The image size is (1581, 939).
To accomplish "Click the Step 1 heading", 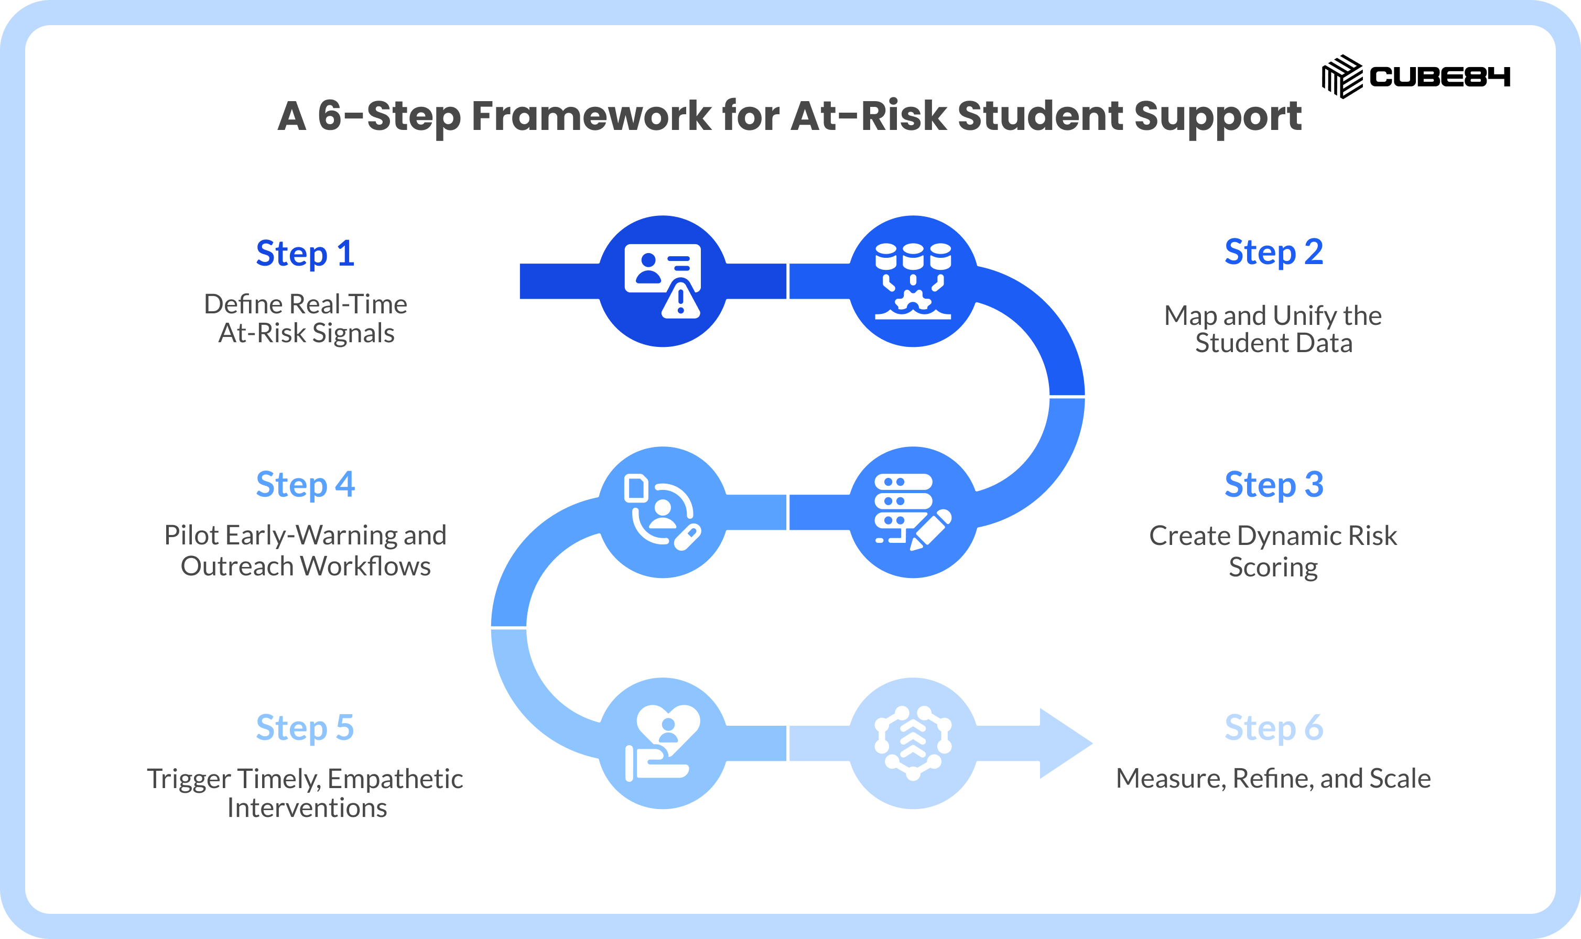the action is point(305,254).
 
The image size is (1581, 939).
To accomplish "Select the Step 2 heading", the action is point(1273,253).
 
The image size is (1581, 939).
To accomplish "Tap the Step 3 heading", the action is point(1273,485).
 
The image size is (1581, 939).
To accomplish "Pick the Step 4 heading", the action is point(305,485).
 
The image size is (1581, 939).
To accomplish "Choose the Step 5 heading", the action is point(305,728).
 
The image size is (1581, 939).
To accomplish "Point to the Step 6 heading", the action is point(1273,728).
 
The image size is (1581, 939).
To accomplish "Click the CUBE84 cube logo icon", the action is point(1342,77).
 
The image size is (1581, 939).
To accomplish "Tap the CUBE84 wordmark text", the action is point(1440,77).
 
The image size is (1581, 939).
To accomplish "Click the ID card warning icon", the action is point(663,281).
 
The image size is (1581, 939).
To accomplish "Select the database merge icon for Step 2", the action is point(913,281).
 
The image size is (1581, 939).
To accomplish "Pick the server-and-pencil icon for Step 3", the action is point(913,512).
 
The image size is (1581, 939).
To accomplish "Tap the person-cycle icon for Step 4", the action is point(663,512).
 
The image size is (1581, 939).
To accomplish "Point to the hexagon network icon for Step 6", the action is point(913,743).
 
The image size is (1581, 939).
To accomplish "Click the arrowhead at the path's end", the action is point(1066,744).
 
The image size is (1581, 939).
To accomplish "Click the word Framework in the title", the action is point(591,116).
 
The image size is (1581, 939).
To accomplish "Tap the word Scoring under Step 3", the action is point(1273,567).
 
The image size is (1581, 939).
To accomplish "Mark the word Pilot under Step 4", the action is point(190,536).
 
